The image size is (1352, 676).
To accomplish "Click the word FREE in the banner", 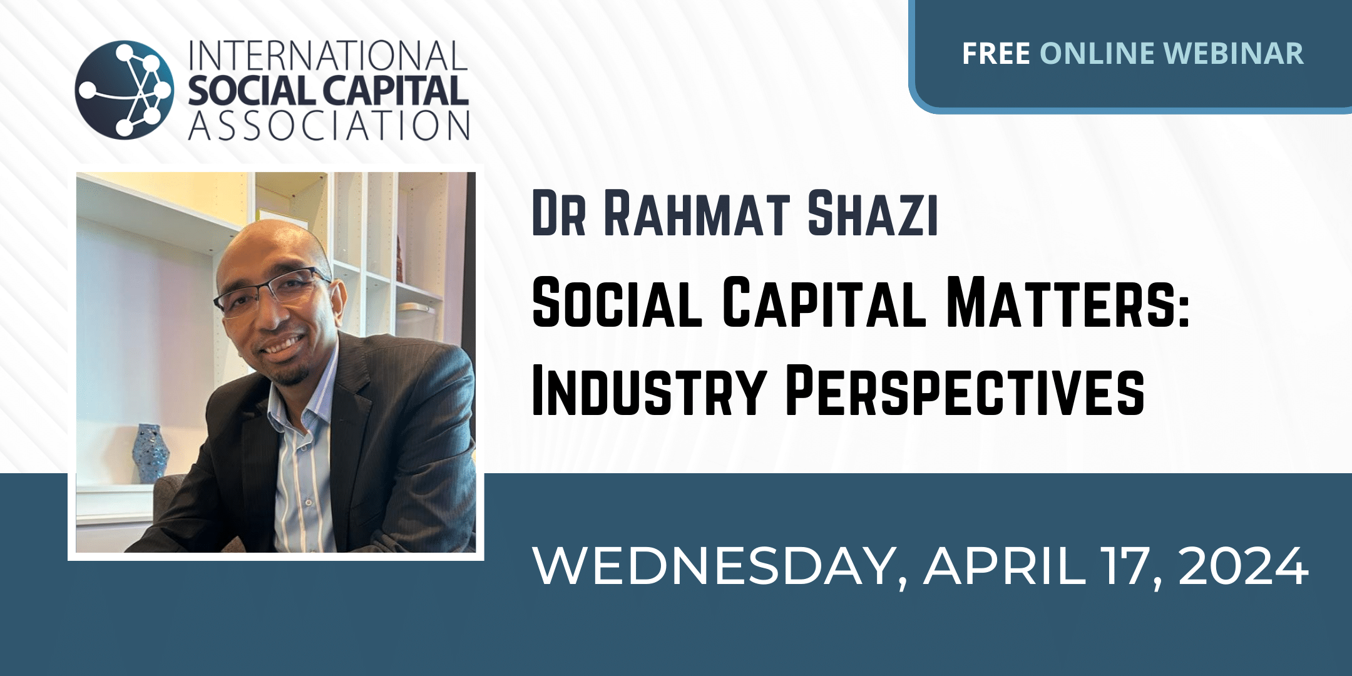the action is [x=996, y=53].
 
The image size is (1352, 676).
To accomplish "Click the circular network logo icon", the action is [x=124, y=90].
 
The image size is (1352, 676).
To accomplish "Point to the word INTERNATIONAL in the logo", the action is [x=327, y=56].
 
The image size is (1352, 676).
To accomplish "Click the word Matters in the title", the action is [x=1060, y=302].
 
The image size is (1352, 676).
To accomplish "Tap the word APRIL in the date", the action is [x=1005, y=566].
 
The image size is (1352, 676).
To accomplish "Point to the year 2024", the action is [x=1244, y=566].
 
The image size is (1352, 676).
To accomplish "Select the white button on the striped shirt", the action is [x=307, y=502].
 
